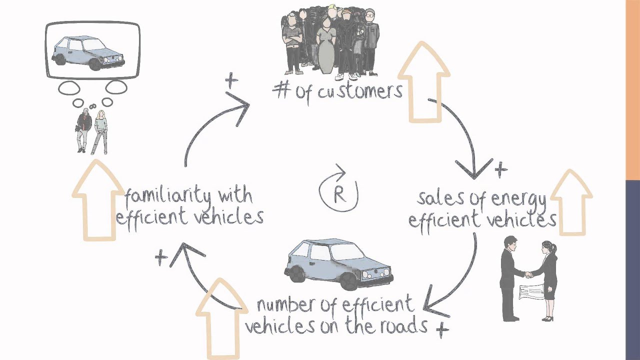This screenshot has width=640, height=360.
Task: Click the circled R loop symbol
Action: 339,194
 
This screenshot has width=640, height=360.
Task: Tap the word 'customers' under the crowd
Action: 361,92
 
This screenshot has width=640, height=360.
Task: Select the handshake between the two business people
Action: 528,274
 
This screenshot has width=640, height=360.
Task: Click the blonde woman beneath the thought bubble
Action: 100,131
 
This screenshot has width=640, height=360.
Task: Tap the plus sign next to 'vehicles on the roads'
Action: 442,329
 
